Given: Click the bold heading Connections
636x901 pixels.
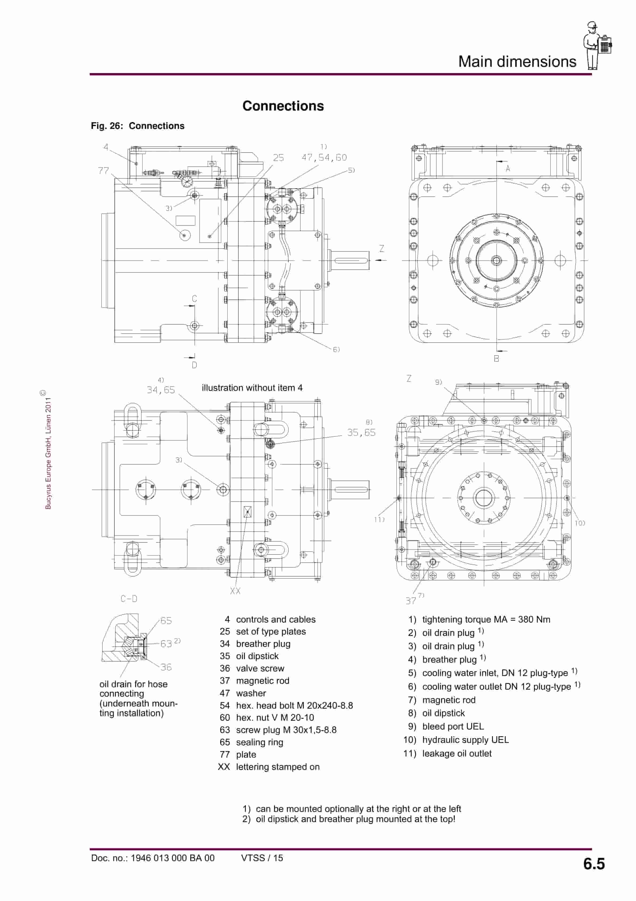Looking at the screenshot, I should coord(283,106).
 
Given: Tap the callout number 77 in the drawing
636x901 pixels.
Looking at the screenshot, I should coord(103,170).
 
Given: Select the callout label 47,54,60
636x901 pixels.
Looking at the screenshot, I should coord(324,158).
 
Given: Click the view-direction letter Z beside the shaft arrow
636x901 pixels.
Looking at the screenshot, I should coord(382,249).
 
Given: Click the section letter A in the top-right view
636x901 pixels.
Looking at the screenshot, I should coord(508,169).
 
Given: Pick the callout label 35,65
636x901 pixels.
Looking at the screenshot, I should coord(361,433).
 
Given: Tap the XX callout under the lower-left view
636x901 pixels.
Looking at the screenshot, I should coord(235,591).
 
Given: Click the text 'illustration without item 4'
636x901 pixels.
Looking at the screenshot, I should coord(252,388).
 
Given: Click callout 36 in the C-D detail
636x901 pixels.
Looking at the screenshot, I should coord(166,667).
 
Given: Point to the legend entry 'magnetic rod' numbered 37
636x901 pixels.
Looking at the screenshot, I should coord(262,681).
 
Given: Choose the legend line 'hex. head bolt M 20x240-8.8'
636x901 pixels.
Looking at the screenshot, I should coord(294,705).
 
